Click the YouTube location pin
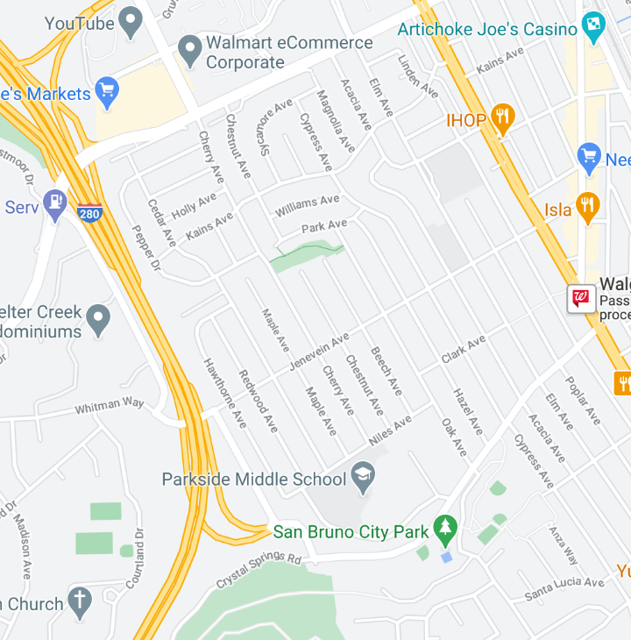point(131,22)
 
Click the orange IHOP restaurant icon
point(501,118)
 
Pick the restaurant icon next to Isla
point(587,207)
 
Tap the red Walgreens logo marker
point(580,299)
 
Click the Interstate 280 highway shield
point(89,211)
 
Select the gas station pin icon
point(56,203)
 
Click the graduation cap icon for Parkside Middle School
point(362,477)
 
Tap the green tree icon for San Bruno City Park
point(446,528)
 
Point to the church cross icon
point(80,601)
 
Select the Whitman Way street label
point(110,405)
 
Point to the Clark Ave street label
point(464,349)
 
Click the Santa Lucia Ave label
point(564,588)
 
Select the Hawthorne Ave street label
point(225,393)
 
